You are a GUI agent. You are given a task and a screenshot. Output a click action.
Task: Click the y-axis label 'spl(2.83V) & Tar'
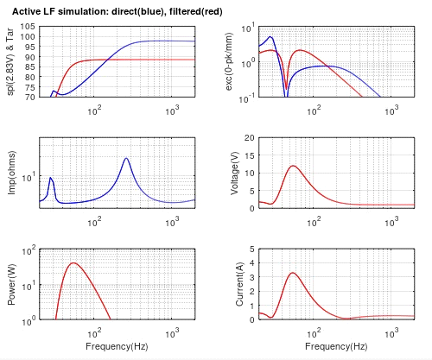[10, 60]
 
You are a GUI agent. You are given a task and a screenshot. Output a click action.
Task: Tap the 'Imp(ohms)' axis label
[12, 173]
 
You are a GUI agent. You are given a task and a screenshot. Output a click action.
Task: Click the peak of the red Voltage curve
[294, 166]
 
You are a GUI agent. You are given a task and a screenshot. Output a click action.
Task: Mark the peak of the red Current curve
[293, 273]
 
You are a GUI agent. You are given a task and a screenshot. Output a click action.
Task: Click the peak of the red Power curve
[73, 263]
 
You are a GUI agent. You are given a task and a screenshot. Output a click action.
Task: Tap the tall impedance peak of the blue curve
[127, 158]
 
